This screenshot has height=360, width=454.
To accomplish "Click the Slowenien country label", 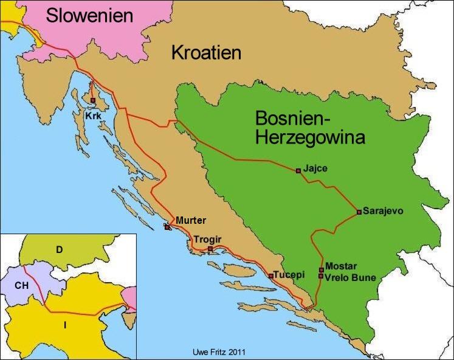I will pyautogui.click(x=89, y=15).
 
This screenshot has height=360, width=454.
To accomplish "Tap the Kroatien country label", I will pyautogui.click(x=206, y=52).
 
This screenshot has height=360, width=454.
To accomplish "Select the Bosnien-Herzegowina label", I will pyautogui.click(x=310, y=128).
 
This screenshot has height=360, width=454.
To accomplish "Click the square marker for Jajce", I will pyautogui.click(x=298, y=171).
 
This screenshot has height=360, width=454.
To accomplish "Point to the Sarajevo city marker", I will pyautogui.click(x=359, y=212).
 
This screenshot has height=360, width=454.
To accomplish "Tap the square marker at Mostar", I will pyautogui.click(x=321, y=269).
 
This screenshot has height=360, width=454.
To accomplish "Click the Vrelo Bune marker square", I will pyautogui.click(x=321, y=276).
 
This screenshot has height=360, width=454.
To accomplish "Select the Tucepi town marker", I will pyautogui.click(x=270, y=276).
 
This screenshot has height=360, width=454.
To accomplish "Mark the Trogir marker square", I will pyautogui.click(x=210, y=249).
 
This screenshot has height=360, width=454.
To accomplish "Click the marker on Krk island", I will pyautogui.click(x=92, y=100).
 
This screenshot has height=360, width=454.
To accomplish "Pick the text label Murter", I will pyautogui.click(x=191, y=220).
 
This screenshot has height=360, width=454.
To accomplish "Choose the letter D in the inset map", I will pyautogui.click(x=59, y=249).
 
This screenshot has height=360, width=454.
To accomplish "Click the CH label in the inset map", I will pyautogui.click(x=22, y=283).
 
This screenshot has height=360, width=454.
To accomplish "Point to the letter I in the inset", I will pyautogui.click(x=64, y=325).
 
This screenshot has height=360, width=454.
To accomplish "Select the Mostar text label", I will pyautogui.click(x=341, y=266).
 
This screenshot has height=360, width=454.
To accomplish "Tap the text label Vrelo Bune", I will pyautogui.click(x=351, y=278).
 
